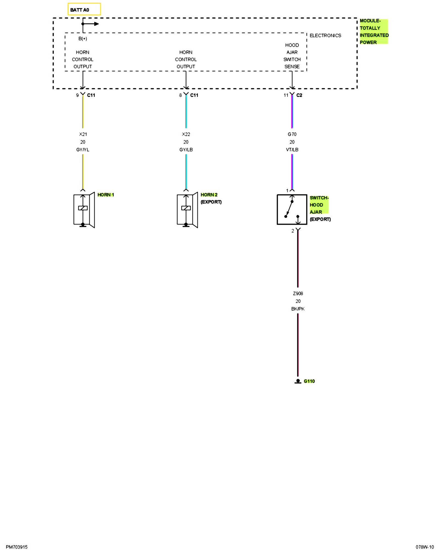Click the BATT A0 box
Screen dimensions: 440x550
[x=84, y=9]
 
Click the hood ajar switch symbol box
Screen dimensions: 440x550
[x=292, y=210]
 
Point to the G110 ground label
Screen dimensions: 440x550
[x=309, y=381]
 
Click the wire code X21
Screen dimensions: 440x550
[x=83, y=134]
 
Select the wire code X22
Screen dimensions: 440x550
[x=186, y=134]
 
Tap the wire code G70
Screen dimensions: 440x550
[x=292, y=134]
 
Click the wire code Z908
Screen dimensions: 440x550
[x=298, y=293]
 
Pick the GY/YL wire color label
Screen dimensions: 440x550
[x=83, y=150]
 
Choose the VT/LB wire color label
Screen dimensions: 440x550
[x=292, y=150]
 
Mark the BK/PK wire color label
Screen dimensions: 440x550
[x=298, y=309]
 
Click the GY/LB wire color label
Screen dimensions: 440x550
[x=186, y=150]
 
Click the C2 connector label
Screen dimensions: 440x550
[x=299, y=95]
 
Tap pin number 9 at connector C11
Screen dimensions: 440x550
[x=77, y=95]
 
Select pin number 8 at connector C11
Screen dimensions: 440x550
[x=180, y=95]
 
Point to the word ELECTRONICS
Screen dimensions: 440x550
[x=325, y=35]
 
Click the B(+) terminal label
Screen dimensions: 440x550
[x=82, y=38]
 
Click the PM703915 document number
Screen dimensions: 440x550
[x=16, y=547]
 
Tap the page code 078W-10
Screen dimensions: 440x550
[x=425, y=547]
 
